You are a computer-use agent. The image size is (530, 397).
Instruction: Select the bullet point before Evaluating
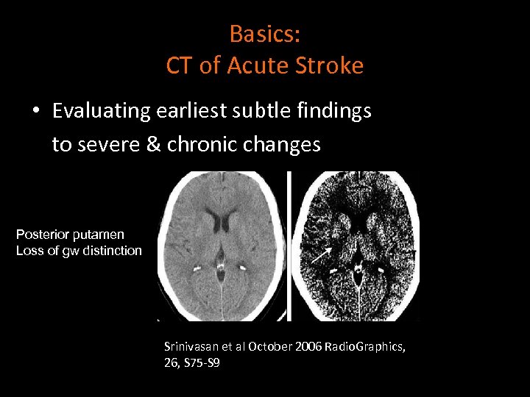coord(35,112)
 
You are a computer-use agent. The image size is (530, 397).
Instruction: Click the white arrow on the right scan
coord(319,256)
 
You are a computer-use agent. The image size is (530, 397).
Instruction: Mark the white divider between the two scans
coord(289,246)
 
